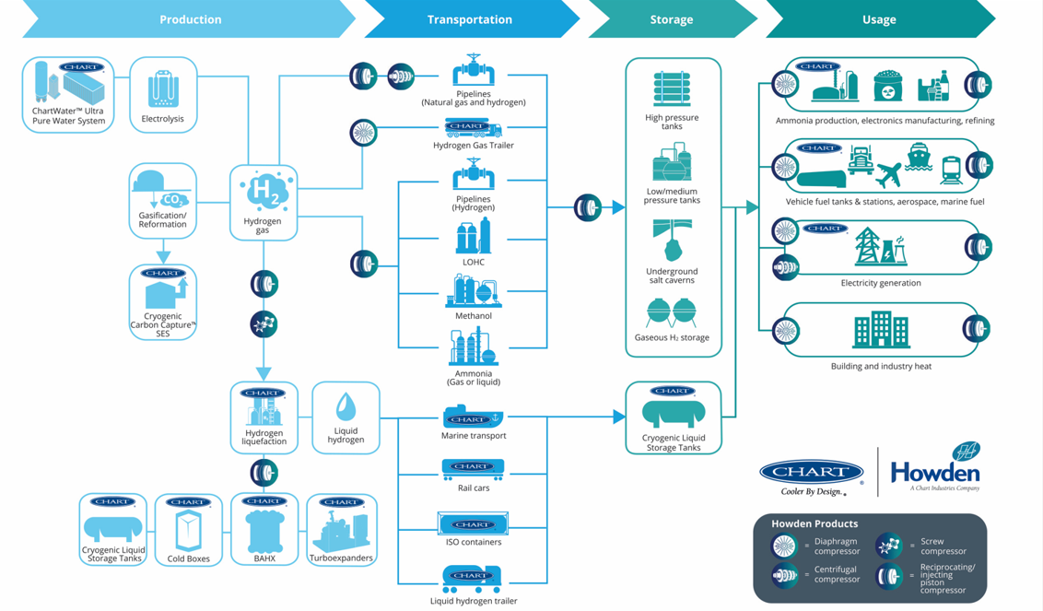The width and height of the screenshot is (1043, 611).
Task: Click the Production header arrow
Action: point(190,19)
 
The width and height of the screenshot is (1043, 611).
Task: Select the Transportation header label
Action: point(469,19)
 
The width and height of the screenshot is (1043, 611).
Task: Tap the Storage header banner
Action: point(671,19)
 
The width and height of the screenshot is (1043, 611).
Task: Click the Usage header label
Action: point(878,19)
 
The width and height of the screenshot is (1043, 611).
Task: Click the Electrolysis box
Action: point(163,94)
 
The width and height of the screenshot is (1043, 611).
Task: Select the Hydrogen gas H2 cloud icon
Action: point(264,192)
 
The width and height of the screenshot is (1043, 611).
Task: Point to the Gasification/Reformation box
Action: point(162,201)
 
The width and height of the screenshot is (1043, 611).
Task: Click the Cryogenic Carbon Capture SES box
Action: point(163,302)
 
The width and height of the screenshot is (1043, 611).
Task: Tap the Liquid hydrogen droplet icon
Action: point(346,406)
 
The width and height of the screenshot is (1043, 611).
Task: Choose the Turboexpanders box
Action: point(341,530)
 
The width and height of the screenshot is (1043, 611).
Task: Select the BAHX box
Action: point(264,530)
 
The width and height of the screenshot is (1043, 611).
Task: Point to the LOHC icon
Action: point(474,237)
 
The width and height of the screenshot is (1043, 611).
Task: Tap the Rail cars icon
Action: point(473,470)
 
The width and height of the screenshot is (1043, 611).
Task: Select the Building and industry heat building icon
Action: point(881,330)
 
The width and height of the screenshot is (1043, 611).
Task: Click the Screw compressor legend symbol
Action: point(889,546)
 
